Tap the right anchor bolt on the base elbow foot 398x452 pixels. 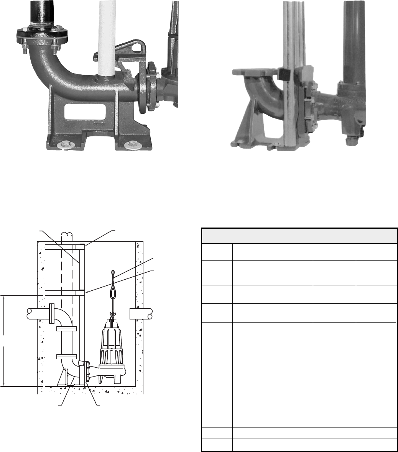[132, 145]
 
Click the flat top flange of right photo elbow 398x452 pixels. [254, 71]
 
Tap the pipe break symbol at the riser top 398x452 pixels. [67, 234]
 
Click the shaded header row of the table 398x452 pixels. [299, 235]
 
